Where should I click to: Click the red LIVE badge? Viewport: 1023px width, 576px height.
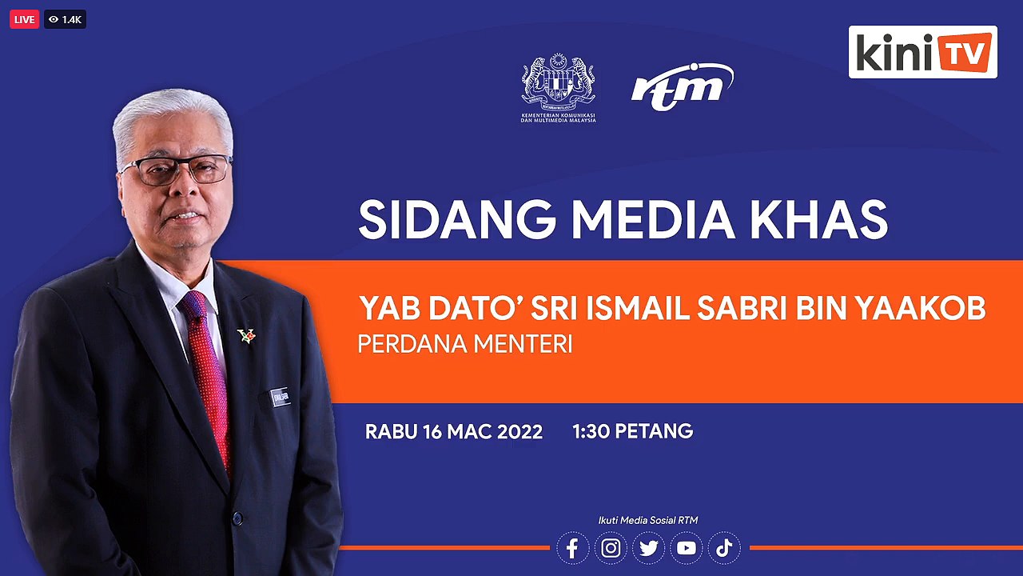pyautogui.click(x=24, y=19)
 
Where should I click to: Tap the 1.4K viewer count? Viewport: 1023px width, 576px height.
pyautogui.click(x=66, y=19)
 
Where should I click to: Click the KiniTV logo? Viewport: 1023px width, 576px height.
pyautogui.click(x=922, y=52)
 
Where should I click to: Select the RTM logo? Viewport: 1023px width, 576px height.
pyautogui.click(x=682, y=85)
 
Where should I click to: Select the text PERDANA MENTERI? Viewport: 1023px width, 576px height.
pyautogui.click(x=464, y=345)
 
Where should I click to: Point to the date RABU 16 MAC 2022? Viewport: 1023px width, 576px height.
pyautogui.click(x=454, y=432)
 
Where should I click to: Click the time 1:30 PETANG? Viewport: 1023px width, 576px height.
pyautogui.click(x=632, y=432)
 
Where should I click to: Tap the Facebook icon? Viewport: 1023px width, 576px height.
pyautogui.click(x=572, y=549)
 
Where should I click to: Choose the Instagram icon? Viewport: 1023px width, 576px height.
pyautogui.click(x=611, y=549)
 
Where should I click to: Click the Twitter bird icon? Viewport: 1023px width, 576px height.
pyautogui.click(x=648, y=549)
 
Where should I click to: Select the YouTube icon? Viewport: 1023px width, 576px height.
pyautogui.click(x=686, y=549)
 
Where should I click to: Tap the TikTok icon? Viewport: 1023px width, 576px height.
pyautogui.click(x=724, y=549)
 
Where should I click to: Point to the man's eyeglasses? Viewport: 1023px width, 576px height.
pyautogui.click(x=174, y=170)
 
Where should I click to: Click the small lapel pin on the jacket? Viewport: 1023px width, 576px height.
pyautogui.click(x=246, y=335)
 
